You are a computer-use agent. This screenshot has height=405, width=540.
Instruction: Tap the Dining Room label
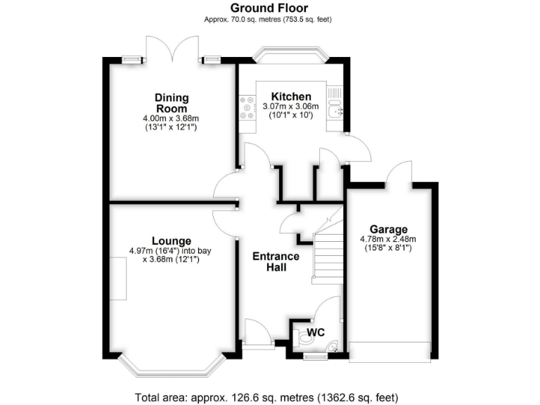point(172,103)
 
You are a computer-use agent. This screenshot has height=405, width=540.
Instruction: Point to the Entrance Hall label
point(276,262)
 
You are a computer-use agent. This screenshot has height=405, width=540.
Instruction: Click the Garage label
point(389,229)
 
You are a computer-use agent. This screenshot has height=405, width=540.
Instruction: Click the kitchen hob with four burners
point(248,107)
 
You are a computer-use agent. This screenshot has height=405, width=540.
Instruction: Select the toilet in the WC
point(305,339)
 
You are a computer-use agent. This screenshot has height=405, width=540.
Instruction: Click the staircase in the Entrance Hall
point(327,250)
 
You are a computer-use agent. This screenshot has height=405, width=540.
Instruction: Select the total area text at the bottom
point(269,396)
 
